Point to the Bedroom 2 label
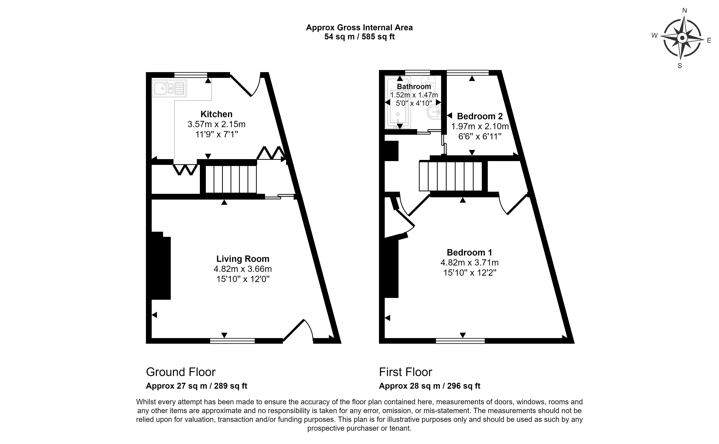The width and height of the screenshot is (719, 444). coord(480,116)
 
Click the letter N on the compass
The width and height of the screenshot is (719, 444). coord(684,19)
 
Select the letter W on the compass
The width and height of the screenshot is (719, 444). coord(654,35)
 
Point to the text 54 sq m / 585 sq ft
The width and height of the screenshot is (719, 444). coord(359,37)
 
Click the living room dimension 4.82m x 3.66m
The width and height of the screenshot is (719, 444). coord(243,269)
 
